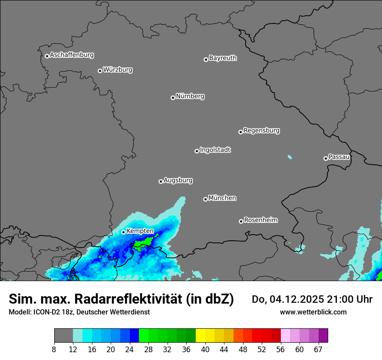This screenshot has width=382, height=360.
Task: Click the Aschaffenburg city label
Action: coord(72,55)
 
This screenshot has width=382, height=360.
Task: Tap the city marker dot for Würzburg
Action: coord(100,71)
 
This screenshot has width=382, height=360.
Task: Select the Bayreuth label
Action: coord(223,58)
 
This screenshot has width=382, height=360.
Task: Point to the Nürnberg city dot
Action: coord(173,98)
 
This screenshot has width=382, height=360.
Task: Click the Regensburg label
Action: coord(261,131)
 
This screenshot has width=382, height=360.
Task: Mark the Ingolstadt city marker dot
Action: coord(197,151)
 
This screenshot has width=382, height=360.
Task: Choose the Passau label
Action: coord(339,157)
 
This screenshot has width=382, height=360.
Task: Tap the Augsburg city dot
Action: coord(161,181)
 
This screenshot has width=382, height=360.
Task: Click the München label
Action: coord(222,198)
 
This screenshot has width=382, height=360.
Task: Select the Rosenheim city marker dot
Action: coord(241,221)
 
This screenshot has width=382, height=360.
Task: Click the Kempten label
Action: coord(140,231)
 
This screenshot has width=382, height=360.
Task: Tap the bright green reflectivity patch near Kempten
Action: coord(143,244)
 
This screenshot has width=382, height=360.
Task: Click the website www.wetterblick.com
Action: coord(313,312)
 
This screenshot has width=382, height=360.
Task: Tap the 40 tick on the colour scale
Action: coord(205,349)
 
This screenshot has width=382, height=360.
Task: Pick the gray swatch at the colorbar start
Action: coord(63,336)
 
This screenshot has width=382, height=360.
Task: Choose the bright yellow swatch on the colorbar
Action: coord(201,336)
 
